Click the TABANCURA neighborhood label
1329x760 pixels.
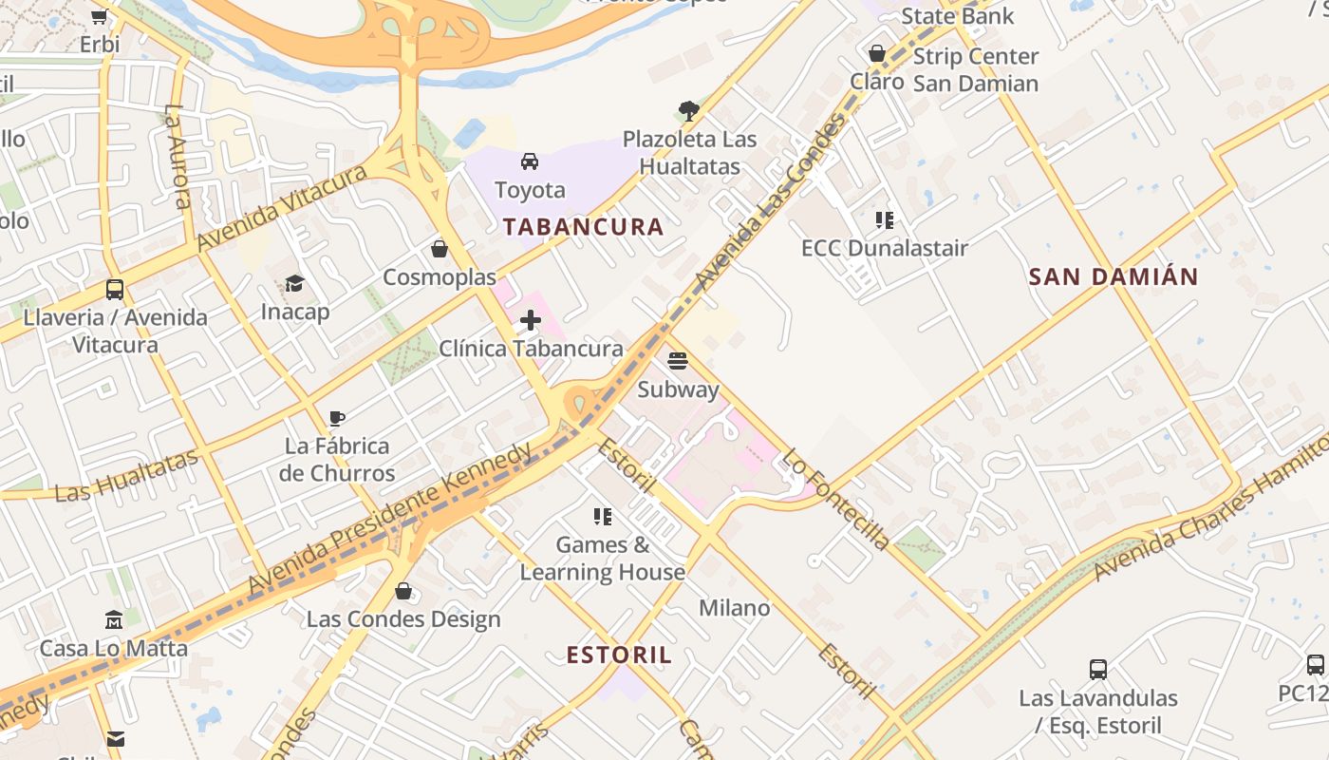coord(583,227)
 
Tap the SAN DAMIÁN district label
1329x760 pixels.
coord(1114,277)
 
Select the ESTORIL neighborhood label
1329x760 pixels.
coord(619,655)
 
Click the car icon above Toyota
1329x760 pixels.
coord(530,161)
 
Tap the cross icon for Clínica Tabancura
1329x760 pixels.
coord(531,321)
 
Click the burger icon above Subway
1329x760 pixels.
coord(677,361)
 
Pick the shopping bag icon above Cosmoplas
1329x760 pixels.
coord(439,249)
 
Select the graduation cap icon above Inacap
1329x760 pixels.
coord(294,284)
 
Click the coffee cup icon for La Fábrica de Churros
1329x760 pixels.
coord(336,418)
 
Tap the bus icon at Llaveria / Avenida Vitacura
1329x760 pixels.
coord(115,290)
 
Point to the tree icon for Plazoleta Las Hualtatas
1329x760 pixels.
coord(689,111)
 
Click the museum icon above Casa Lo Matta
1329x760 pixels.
coord(113,620)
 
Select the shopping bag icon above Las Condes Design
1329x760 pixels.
coord(403,591)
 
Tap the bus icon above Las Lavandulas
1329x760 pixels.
coord(1098,670)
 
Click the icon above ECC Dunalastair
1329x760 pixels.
coord(885,220)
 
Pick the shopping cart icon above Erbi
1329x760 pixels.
coord(99,16)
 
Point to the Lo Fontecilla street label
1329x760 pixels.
coord(835,500)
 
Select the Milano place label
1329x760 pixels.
coord(734,608)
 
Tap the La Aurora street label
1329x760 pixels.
coord(178,156)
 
